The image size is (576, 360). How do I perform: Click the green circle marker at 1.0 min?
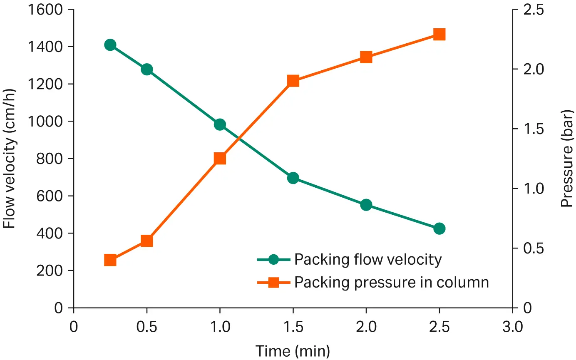point(220,124)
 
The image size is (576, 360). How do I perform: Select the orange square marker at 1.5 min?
point(293,81)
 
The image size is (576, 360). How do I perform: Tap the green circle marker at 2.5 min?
point(439,228)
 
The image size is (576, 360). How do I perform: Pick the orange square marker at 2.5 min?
point(439,34)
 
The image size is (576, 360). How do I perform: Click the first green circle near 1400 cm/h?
point(110,45)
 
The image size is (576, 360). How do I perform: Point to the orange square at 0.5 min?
point(146,241)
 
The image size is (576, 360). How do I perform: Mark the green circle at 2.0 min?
point(366,205)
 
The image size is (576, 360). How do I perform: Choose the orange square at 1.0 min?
point(220,159)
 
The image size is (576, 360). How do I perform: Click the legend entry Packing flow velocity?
point(367,260)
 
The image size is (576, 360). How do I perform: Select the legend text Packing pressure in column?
point(391,283)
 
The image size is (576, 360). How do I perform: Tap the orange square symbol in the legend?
point(273,283)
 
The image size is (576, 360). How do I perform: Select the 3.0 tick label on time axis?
point(512,327)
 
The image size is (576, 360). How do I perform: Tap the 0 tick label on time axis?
point(74,327)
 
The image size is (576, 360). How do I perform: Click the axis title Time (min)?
point(293,351)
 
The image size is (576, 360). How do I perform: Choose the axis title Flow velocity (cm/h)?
point(9,158)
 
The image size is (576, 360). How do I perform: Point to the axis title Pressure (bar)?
point(566,158)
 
